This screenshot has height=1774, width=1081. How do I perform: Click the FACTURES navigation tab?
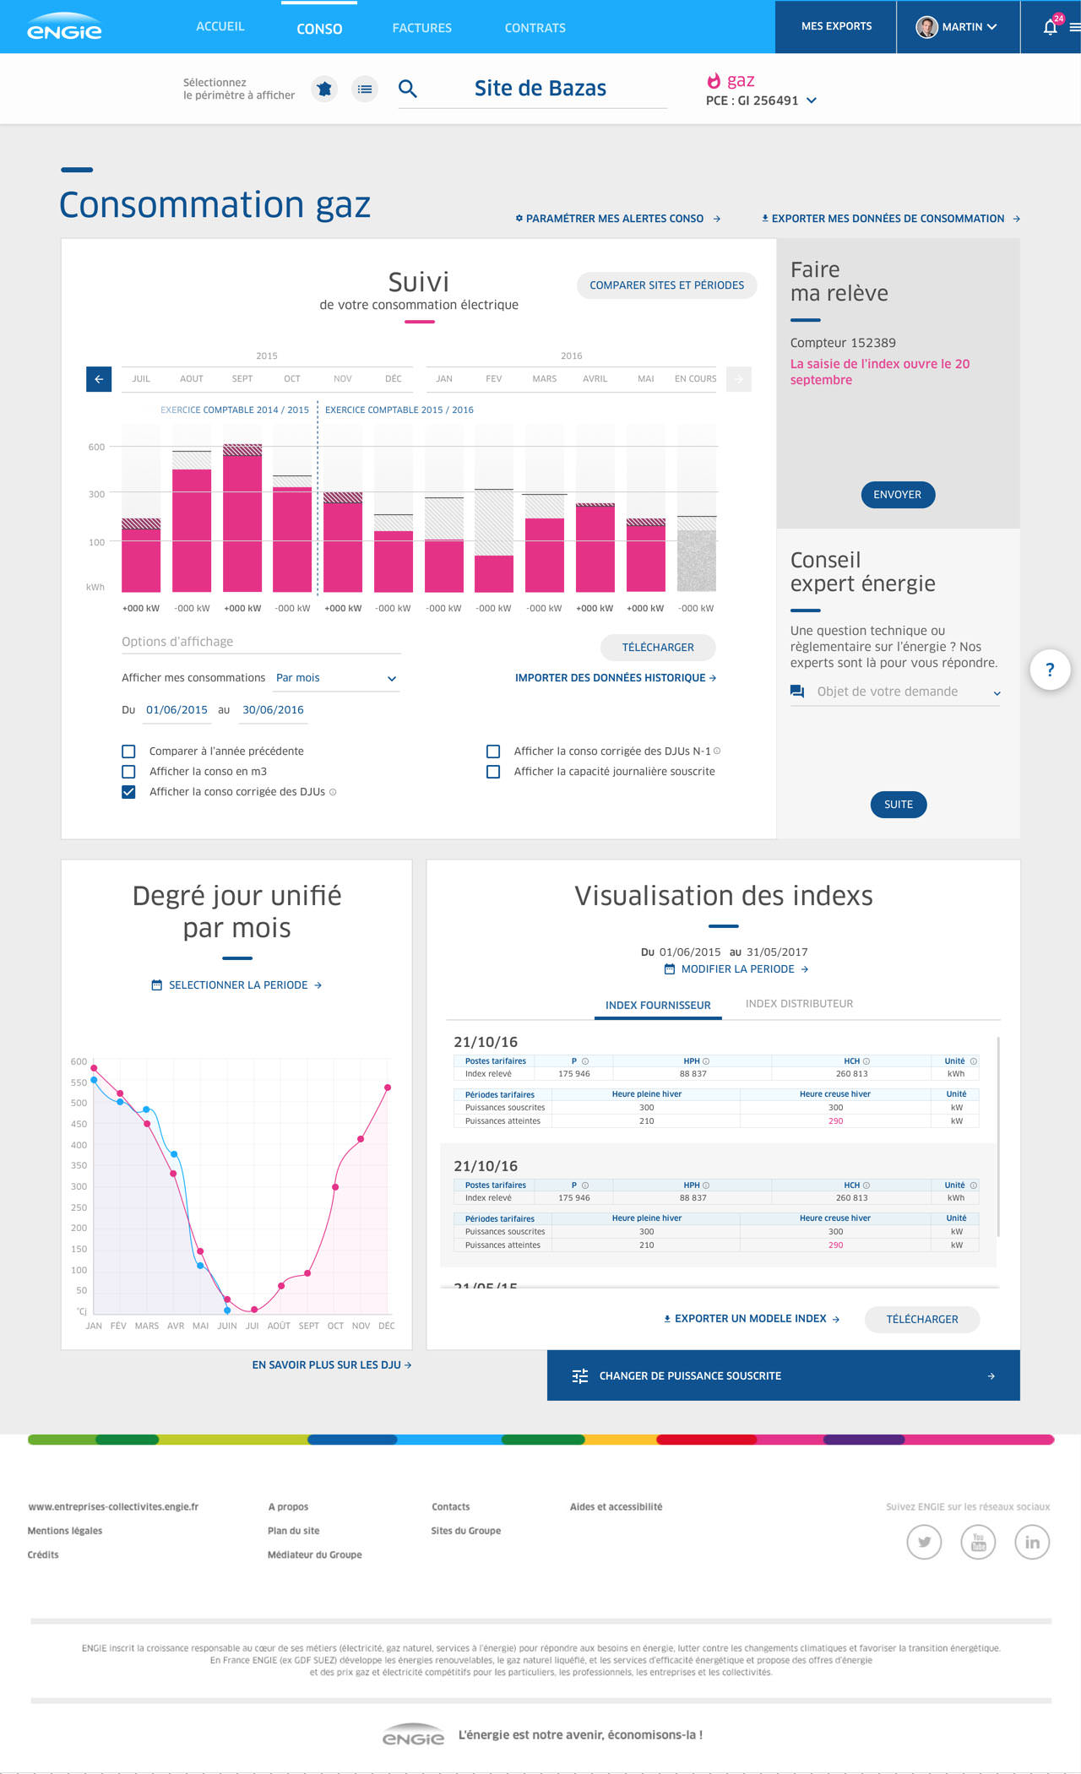tap(421, 28)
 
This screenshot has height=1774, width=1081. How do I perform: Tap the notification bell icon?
tap(1050, 27)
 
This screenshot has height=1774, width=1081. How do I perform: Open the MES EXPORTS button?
tap(836, 26)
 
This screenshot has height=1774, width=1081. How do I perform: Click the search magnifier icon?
tap(408, 89)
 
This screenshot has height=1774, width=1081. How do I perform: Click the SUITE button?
tap(898, 805)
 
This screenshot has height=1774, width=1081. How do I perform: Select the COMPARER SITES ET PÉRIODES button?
tap(666, 285)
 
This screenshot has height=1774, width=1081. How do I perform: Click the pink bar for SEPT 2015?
tap(242, 524)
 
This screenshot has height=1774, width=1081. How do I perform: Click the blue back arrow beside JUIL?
tap(99, 379)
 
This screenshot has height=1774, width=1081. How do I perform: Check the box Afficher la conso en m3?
tap(128, 772)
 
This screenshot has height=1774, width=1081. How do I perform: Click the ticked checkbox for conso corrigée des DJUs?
tap(128, 792)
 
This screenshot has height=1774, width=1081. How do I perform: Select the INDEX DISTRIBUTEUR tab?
tap(799, 1004)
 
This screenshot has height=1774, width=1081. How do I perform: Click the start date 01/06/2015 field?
tap(177, 710)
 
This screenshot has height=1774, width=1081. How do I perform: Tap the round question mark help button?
tap(1050, 670)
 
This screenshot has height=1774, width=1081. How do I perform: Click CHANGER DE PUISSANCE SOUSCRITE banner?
tap(783, 1375)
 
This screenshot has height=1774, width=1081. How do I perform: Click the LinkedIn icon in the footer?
tap(1031, 1542)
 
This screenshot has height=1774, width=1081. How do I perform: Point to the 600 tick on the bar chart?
tap(96, 447)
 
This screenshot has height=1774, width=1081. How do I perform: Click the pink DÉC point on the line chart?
tap(388, 1088)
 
